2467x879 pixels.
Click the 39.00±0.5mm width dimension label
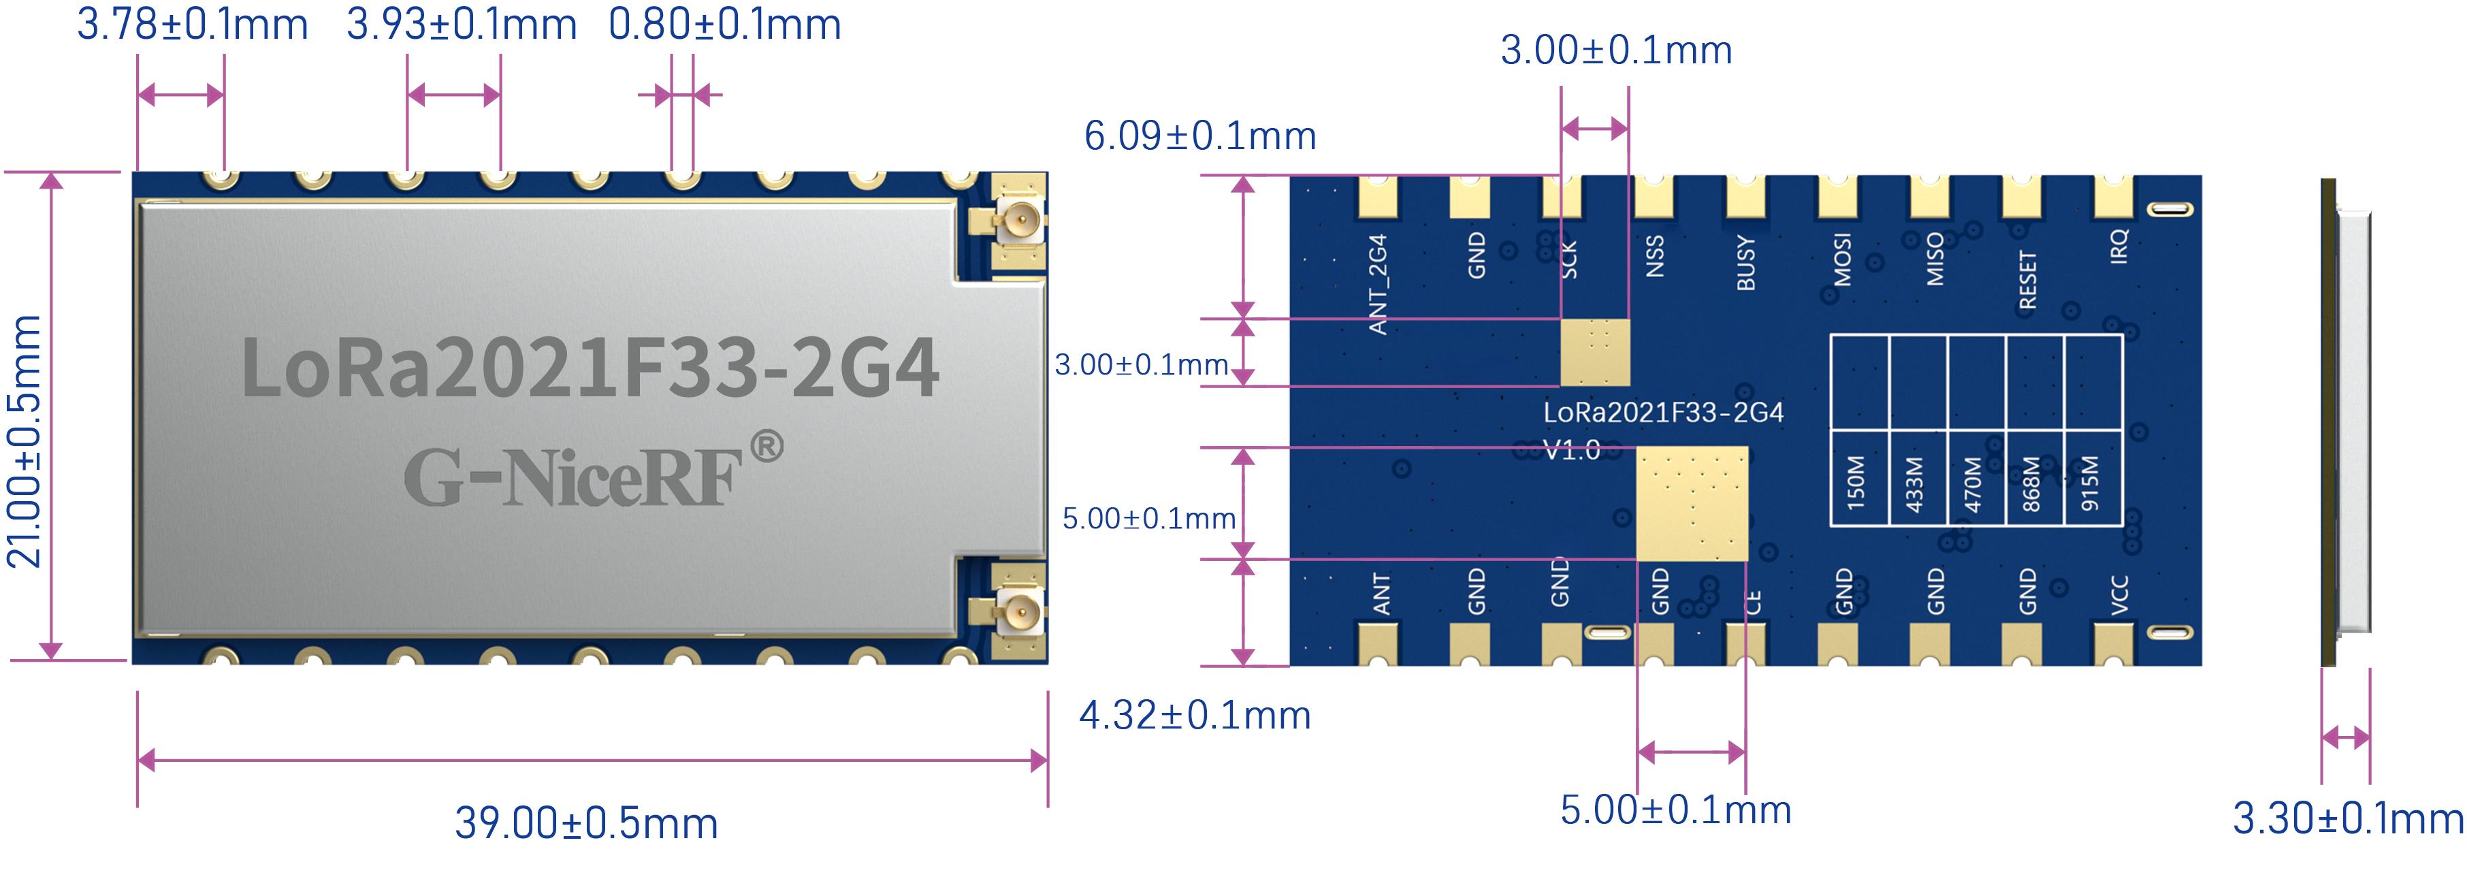click(586, 823)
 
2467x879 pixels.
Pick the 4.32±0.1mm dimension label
click(1194, 716)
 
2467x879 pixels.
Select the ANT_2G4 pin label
click(1378, 285)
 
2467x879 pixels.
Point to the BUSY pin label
click(1746, 263)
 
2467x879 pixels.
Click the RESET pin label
click(2027, 280)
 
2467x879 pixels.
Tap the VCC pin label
click(2119, 594)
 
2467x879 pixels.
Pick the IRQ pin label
click(2119, 246)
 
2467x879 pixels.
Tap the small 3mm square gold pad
click(1594, 353)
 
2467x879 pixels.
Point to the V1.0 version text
click(1572, 450)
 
